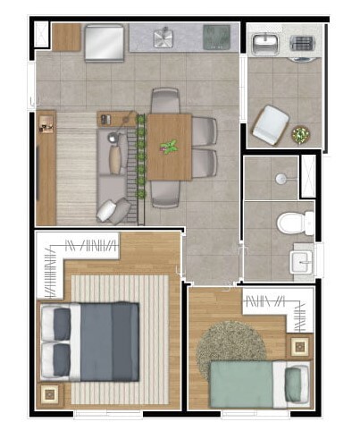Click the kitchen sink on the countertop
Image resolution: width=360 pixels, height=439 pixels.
point(164,38)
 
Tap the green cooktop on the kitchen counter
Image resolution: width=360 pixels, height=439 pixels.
point(215,37)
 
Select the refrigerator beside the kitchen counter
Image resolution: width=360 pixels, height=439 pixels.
point(104,41)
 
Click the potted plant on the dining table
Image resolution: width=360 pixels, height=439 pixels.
point(168,146)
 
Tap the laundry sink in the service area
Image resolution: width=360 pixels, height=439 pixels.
point(265,43)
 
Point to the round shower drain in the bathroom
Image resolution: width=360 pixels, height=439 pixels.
point(281,179)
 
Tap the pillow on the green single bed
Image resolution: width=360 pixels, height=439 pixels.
point(293,383)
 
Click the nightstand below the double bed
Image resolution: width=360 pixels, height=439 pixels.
point(47,393)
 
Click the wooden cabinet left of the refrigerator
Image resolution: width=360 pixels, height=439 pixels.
point(66,37)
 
